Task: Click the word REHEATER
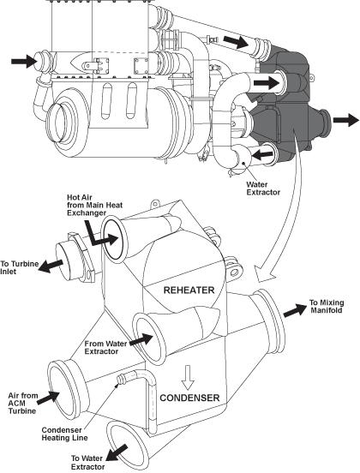pos(189,290)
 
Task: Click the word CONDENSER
pos(189,398)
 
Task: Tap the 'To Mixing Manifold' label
pos(327,306)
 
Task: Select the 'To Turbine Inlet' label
pos(20,267)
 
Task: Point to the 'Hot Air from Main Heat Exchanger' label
pos(95,205)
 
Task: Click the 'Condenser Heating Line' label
pos(64,434)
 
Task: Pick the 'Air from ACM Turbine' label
pos(23,403)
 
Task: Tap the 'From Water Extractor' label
pos(106,348)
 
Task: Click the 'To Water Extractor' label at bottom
pos(87,463)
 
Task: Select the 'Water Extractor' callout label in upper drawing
pos(263,189)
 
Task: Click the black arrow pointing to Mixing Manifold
pos(295,310)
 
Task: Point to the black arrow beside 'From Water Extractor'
pos(141,340)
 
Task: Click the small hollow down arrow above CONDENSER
pos(188,378)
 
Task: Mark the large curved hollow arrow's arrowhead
pos(265,273)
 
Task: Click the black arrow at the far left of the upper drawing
pos(24,61)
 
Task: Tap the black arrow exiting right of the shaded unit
pos(346,120)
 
